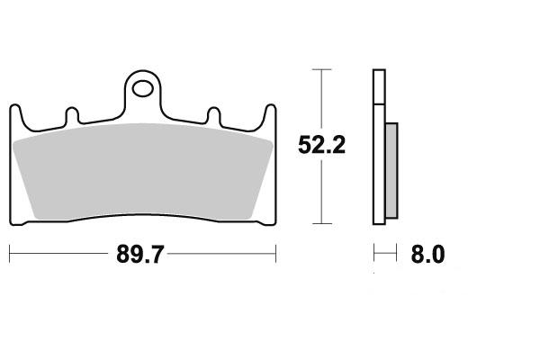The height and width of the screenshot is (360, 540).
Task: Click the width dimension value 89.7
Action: tap(139, 254)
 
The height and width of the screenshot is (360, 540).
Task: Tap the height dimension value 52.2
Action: tap(321, 145)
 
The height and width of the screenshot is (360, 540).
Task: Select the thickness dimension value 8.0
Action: tap(427, 255)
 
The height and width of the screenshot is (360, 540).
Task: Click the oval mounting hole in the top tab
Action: tap(142, 89)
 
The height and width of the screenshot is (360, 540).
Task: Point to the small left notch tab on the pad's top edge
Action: tap(72, 115)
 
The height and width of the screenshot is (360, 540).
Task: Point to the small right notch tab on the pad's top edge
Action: tap(213, 115)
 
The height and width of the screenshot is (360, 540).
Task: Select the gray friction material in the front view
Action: tap(142, 172)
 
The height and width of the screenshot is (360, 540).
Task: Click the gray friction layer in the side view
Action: tap(391, 170)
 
